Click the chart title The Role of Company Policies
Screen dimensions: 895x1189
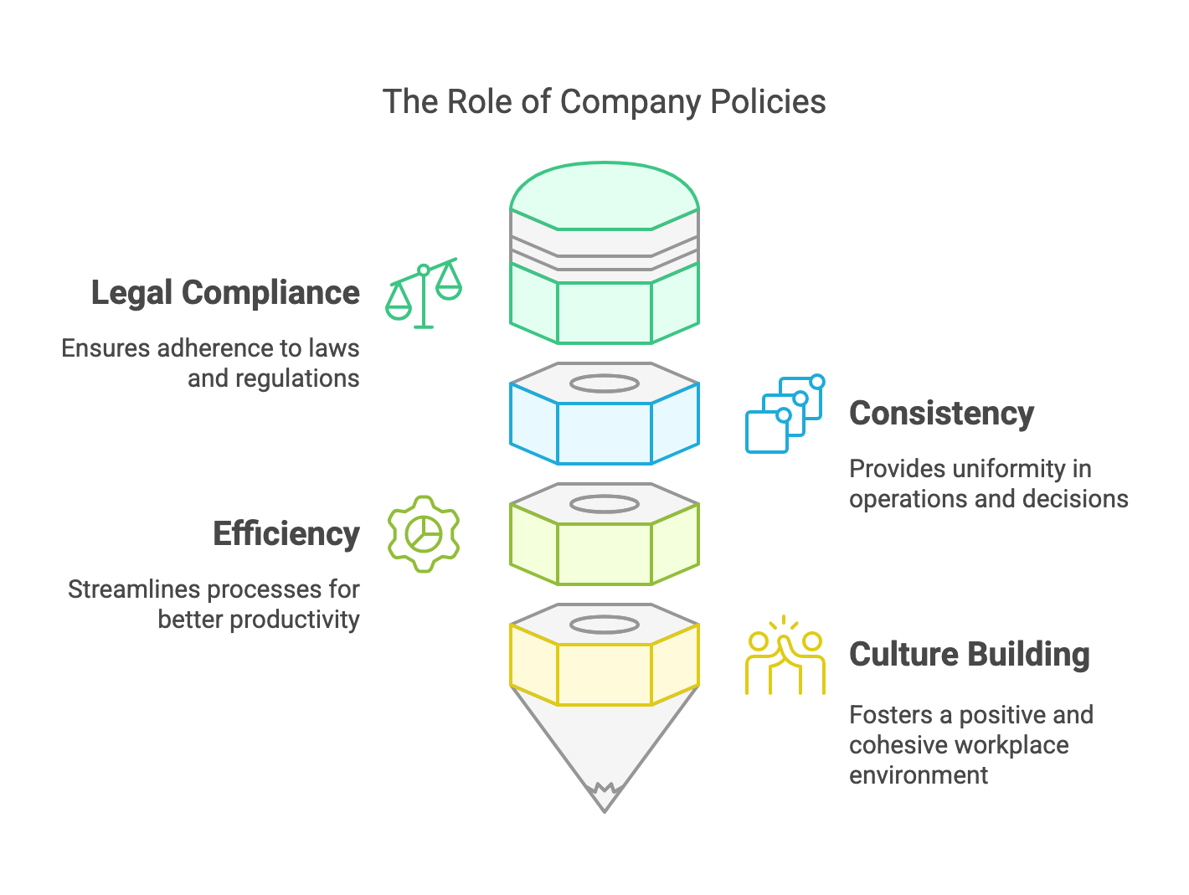604,102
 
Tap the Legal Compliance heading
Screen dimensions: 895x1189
225,293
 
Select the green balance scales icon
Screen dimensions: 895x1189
424,292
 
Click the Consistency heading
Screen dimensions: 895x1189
941,414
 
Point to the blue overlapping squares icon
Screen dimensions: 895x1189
785,414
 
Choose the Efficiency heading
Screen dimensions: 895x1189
286,534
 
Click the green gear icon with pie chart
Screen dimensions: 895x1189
424,533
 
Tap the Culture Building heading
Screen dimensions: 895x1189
969,655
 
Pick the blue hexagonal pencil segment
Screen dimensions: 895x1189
604,432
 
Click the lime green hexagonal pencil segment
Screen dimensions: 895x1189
604,553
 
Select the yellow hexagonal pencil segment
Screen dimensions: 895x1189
604,673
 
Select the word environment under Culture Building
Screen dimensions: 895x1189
919,775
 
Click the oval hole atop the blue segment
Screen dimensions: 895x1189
604,383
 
